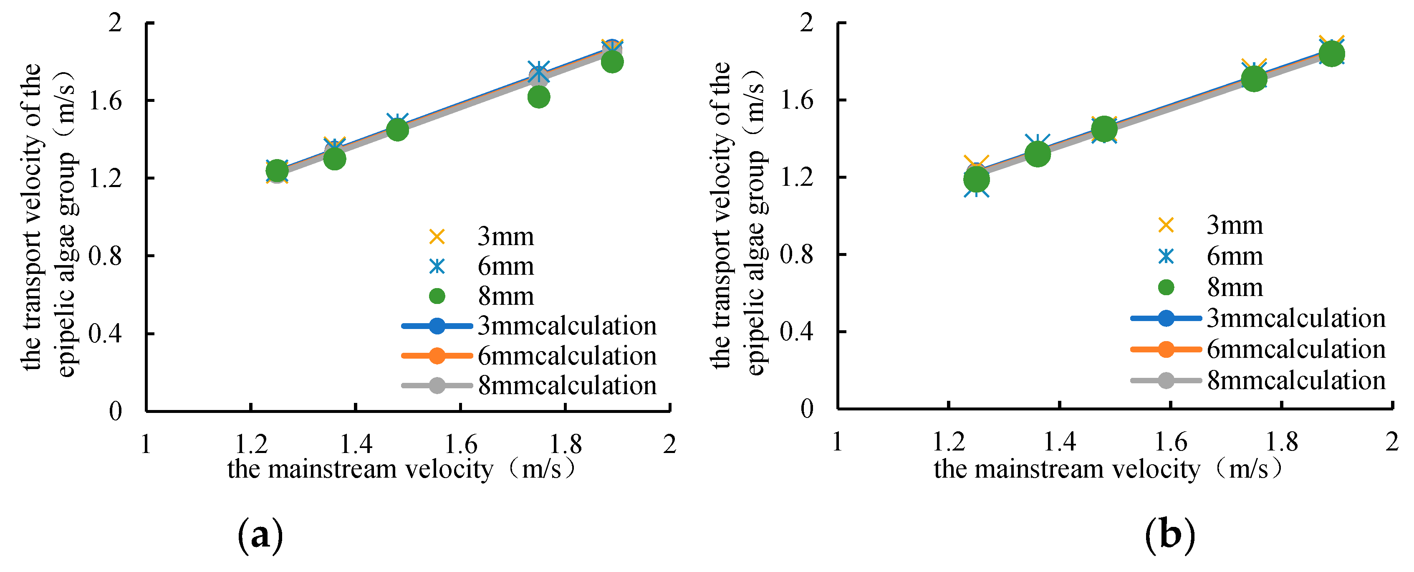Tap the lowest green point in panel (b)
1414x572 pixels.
[x=976, y=179]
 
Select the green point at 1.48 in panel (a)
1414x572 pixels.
[x=397, y=129]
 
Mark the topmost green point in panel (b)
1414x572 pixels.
[x=1331, y=54]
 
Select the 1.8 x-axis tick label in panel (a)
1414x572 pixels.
[x=566, y=443]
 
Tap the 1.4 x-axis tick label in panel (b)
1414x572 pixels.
[x=1059, y=442]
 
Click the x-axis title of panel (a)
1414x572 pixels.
[x=401, y=469]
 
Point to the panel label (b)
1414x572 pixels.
[x=1170, y=535]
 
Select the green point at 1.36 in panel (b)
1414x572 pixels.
[x=1037, y=154]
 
